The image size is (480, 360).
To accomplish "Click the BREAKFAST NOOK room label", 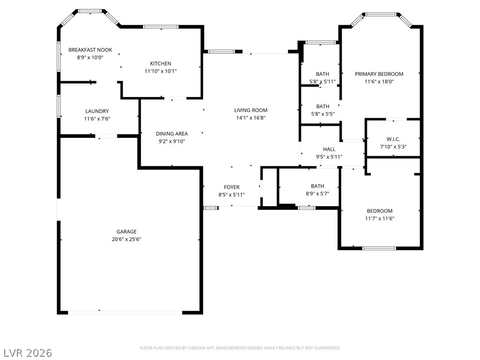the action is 90,50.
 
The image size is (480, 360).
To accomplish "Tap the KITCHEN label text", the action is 160,64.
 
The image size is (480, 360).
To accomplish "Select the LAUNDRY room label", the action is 97,111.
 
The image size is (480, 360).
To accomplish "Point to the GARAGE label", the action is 127,232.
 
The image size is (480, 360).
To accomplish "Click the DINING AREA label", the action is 172,134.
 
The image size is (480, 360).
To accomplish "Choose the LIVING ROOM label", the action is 251,110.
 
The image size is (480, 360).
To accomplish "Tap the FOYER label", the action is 232,187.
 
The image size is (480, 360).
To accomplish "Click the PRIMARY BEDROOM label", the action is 379,74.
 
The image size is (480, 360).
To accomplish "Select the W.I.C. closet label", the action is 393,139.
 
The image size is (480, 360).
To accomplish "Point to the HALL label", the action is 329,150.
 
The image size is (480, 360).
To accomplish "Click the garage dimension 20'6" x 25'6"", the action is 127,240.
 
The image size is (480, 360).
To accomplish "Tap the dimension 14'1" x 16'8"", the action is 251,118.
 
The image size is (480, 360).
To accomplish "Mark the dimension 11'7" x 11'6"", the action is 380,218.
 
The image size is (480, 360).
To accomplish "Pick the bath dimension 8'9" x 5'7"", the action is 317,194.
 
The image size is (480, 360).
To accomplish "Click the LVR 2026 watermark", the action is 26,353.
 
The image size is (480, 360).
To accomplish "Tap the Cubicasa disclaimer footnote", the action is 240,348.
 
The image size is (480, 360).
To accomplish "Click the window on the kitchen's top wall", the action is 161,27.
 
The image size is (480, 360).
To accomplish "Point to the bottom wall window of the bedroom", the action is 379,248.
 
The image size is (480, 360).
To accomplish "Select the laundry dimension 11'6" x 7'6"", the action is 97,119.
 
